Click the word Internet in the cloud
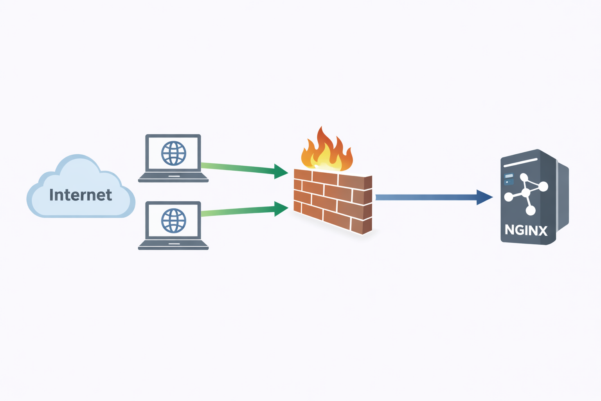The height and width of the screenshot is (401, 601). tap(81, 195)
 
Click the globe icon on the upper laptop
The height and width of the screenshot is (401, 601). tap(174, 153)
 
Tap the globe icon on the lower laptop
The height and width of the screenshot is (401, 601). tap(174, 220)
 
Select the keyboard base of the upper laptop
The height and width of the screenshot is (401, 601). tap(173, 178)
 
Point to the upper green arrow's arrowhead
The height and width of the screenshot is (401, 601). tap(281, 172)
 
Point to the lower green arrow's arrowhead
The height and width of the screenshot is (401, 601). tap(281, 209)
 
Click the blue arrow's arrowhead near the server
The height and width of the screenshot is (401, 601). tap(484, 197)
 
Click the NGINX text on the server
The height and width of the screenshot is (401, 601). tap(526, 230)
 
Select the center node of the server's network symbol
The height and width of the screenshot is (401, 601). tap(526, 193)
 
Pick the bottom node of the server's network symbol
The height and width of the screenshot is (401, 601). tap(531, 211)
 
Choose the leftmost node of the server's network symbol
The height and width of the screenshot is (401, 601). tap(509, 197)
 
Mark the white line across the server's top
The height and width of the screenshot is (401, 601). tap(521, 163)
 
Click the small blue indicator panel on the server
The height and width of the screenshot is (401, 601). tap(509, 179)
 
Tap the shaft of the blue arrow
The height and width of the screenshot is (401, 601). tap(426, 197)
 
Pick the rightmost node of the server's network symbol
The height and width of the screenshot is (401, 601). tap(543, 186)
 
